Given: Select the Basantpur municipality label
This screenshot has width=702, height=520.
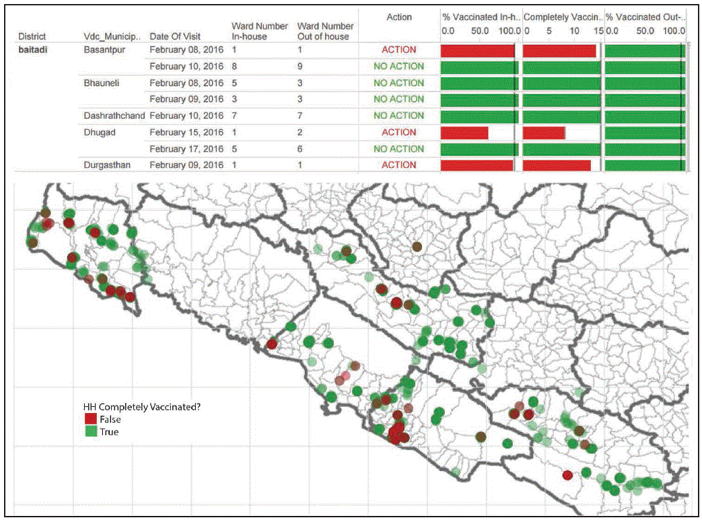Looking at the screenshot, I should (x=104, y=50).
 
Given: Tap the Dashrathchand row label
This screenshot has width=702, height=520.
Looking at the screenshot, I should (x=114, y=116).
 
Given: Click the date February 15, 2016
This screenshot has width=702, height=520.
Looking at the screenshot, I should (x=186, y=133).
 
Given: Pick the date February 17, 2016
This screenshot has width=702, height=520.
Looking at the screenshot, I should (x=186, y=149).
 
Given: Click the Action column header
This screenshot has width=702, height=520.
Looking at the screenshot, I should (x=399, y=17).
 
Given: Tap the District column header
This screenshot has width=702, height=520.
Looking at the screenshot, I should (x=32, y=36).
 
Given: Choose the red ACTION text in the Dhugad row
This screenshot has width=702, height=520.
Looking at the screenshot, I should (x=399, y=133).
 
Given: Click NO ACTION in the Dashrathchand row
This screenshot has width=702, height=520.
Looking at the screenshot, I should (x=399, y=116).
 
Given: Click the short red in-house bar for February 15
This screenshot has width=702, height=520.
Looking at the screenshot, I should (x=464, y=133).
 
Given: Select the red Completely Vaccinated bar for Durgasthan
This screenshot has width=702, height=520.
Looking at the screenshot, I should (x=557, y=165).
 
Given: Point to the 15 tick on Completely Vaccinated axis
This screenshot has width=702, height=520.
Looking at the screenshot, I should (x=598, y=31).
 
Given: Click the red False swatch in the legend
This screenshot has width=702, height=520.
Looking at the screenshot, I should (x=90, y=419).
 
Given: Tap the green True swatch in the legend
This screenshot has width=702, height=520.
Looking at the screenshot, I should (x=90, y=432).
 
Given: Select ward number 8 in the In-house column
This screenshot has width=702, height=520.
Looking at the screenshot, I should (x=234, y=67).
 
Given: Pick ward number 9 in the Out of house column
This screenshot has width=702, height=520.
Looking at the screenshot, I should (x=300, y=67).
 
